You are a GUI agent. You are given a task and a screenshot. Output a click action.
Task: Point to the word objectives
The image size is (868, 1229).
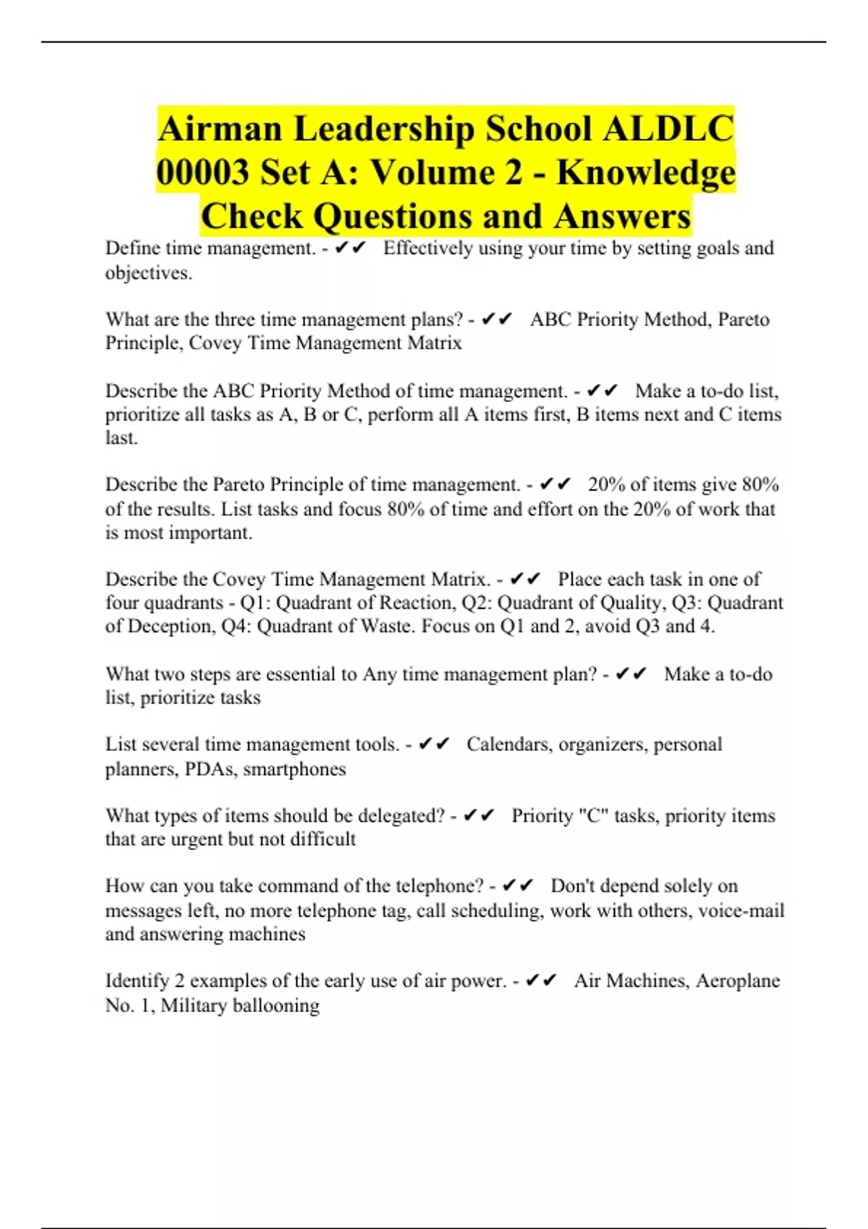[x=148, y=273]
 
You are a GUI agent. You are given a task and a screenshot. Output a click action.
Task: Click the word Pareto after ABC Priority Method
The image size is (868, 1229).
[x=744, y=320]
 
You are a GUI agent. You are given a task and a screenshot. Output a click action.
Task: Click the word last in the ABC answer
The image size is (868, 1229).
[x=121, y=438]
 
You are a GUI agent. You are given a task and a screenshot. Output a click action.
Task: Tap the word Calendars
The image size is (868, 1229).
[x=507, y=745]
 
